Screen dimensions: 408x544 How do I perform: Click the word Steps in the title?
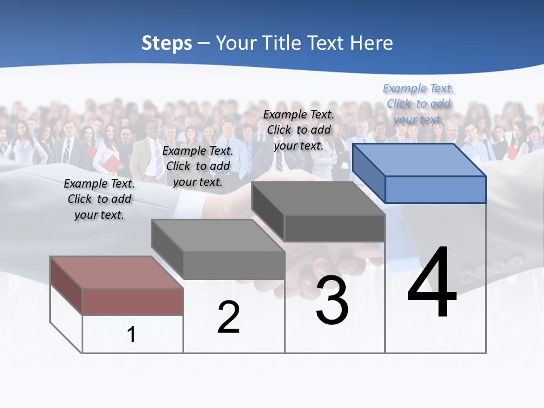pos(167,43)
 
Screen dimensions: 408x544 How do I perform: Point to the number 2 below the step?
pos(228,317)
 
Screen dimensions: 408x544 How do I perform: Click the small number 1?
pos(131,334)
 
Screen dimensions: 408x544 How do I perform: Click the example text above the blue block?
pos(418,104)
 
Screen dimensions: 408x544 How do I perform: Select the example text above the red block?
pos(99,199)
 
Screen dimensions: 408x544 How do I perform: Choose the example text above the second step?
pos(198,166)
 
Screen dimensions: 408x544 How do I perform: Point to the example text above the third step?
pos(299,130)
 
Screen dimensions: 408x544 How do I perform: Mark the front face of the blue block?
pos(435,189)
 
